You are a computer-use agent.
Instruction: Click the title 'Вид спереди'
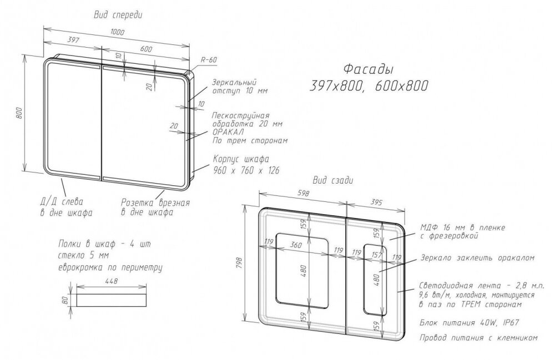coord(118,15)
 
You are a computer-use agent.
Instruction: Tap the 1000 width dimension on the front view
coord(117,32)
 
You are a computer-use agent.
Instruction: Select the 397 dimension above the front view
coord(73,39)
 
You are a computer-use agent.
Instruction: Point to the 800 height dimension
coord(19,113)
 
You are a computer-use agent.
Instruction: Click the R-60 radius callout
coord(209,60)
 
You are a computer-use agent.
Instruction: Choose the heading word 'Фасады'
coord(369,69)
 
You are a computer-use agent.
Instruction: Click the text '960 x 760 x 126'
coord(246,170)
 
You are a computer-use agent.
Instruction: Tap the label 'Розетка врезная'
coord(155,202)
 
